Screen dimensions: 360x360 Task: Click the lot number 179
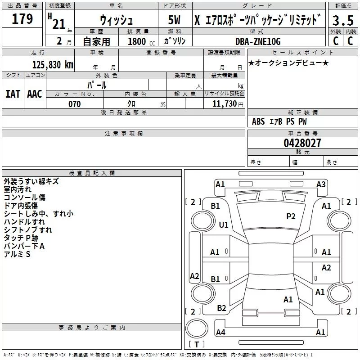click(x=22, y=19)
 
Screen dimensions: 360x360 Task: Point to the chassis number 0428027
click(x=302, y=144)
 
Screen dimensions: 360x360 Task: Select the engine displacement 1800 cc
click(x=138, y=42)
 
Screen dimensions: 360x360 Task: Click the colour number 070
click(x=75, y=104)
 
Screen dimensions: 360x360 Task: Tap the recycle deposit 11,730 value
click(x=224, y=104)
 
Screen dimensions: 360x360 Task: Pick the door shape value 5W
click(x=175, y=21)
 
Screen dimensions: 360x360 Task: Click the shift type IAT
click(x=13, y=94)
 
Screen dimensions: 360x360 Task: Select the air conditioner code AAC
click(x=35, y=94)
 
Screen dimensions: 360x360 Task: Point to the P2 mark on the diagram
click(x=291, y=216)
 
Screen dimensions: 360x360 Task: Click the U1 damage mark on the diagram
click(x=224, y=225)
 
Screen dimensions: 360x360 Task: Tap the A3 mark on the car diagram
click(x=321, y=184)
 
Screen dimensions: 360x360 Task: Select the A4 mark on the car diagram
click(x=220, y=333)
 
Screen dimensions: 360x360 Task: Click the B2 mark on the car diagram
click(x=222, y=308)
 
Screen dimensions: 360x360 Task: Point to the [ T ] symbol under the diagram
click(x=197, y=344)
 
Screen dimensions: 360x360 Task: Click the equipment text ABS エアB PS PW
click(x=279, y=121)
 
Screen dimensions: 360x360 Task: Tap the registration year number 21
click(x=59, y=23)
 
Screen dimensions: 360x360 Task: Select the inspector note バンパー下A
click(x=24, y=246)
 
